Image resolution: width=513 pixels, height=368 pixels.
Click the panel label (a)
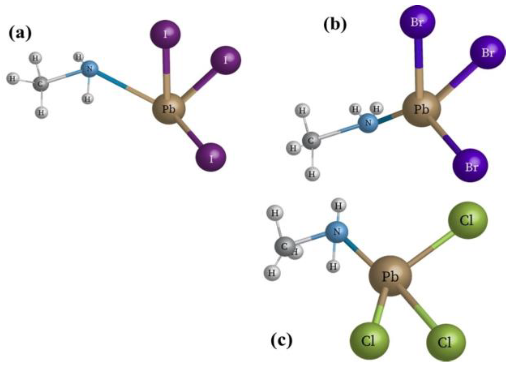pyautogui.click(x=20, y=34)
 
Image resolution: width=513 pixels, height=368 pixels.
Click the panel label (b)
pyautogui.click(x=335, y=25)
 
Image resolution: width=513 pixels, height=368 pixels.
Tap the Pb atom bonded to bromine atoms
pyautogui.click(x=421, y=109)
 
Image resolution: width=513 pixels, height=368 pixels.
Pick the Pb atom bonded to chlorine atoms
pyautogui.click(x=390, y=276)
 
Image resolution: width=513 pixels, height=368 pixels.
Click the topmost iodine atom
pyautogui.click(x=165, y=34)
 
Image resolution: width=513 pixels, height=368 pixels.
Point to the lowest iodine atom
pyautogui.click(x=211, y=157)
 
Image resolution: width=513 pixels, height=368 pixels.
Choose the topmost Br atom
pyautogui.click(x=417, y=22)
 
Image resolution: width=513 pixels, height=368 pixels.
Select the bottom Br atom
pyautogui.click(x=470, y=166)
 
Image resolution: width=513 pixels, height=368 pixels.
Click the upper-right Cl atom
pyautogui.click(x=468, y=220)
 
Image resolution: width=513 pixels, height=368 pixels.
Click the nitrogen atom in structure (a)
pyautogui.click(x=89, y=69)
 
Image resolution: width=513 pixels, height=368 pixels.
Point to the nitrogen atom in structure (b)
pyautogui.click(x=368, y=123)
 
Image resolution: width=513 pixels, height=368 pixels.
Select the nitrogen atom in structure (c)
pyautogui.click(x=337, y=232)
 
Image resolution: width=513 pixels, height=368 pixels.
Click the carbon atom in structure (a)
pyautogui.click(x=41, y=83)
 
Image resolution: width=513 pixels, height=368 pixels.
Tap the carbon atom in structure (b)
pyautogui.click(x=311, y=140)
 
